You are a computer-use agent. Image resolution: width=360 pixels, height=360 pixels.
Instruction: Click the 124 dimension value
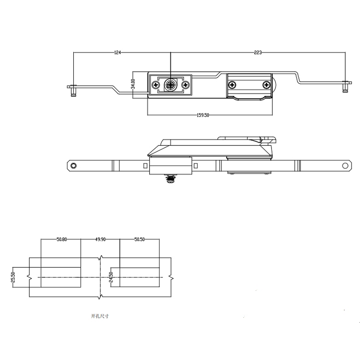point(117,53)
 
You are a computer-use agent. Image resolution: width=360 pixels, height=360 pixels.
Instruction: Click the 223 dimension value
point(257,53)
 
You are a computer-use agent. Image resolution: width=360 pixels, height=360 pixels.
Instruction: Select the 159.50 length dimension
point(203,115)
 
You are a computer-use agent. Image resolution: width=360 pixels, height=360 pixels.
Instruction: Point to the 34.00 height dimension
point(133,84)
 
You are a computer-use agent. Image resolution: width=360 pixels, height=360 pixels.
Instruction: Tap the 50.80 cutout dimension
point(62,239)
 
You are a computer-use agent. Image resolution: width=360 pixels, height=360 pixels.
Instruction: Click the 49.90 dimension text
point(100,239)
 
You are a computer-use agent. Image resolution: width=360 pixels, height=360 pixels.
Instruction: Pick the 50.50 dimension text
point(139,239)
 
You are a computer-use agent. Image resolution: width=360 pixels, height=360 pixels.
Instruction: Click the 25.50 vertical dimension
point(13,277)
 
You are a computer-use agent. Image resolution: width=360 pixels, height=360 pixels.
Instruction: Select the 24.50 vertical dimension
point(110,277)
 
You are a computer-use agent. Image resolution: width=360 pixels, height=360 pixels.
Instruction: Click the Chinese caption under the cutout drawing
point(100,316)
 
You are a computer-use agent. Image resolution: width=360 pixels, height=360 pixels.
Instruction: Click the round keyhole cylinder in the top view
point(171,85)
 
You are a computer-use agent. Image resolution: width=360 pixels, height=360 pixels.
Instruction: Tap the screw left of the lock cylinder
point(156,85)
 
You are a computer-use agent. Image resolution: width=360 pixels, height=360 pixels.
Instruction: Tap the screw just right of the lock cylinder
point(185,85)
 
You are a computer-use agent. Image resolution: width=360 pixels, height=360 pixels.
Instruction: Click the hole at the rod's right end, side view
point(345,166)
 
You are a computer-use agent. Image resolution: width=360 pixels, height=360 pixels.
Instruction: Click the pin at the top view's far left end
point(73,90)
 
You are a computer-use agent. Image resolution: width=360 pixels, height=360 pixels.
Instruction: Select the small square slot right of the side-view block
point(196,166)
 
